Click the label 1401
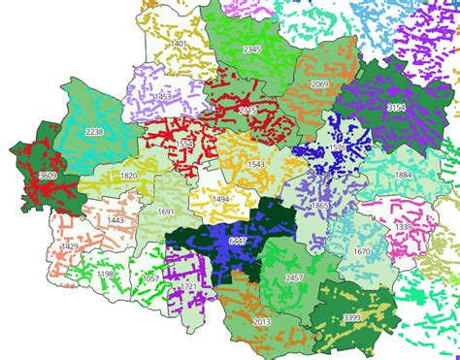click(x=178, y=45)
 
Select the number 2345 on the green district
click(x=252, y=49)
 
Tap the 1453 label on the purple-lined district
click(x=163, y=97)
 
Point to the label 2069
click(x=319, y=85)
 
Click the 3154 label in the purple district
click(x=396, y=107)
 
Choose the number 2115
click(x=247, y=112)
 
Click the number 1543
click(x=256, y=165)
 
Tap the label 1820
click(x=128, y=176)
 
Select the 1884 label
click(x=403, y=175)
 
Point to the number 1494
click(x=221, y=199)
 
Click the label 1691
click(x=165, y=212)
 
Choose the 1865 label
click(x=319, y=206)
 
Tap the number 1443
click(x=115, y=221)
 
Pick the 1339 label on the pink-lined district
click(x=403, y=227)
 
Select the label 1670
click(x=361, y=251)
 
